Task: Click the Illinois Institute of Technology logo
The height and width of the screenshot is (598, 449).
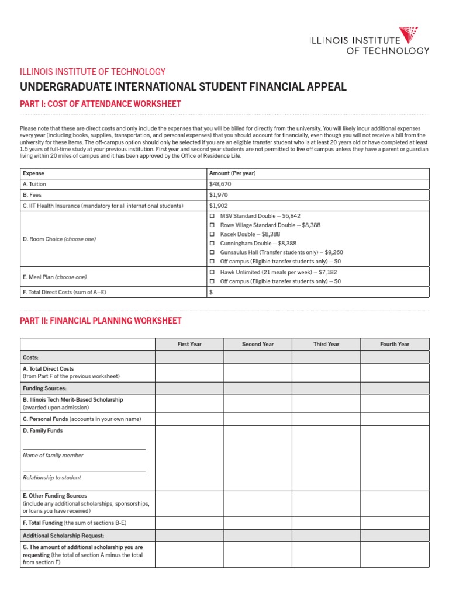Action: (369, 41)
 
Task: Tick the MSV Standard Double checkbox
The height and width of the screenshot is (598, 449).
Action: (212, 216)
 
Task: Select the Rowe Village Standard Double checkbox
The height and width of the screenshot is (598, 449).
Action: (212, 225)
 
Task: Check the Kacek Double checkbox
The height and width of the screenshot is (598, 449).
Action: (212, 234)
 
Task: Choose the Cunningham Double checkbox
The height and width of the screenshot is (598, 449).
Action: (212, 243)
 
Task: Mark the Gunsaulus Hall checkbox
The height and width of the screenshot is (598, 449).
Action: (212, 252)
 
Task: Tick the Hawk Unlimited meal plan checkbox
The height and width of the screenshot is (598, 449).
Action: (212, 272)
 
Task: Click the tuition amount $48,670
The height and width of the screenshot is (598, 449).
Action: (220, 184)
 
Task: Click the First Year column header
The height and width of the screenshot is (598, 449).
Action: (189, 345)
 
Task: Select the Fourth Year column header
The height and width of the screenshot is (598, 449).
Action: (395, 345)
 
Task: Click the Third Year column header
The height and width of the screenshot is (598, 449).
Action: (326, 345)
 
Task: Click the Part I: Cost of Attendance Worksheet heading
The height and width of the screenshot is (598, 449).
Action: (101, 104)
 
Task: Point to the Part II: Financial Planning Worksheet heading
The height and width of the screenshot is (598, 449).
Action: (101, 321)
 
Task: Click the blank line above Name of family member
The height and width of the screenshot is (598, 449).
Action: (84, 448)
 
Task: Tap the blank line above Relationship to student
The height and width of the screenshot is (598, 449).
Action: (84, 471)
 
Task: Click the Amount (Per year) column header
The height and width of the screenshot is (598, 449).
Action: (232, 173)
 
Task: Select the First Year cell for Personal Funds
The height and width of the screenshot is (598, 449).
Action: (189, 419)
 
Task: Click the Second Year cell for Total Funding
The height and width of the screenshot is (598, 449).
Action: (258, 523)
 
